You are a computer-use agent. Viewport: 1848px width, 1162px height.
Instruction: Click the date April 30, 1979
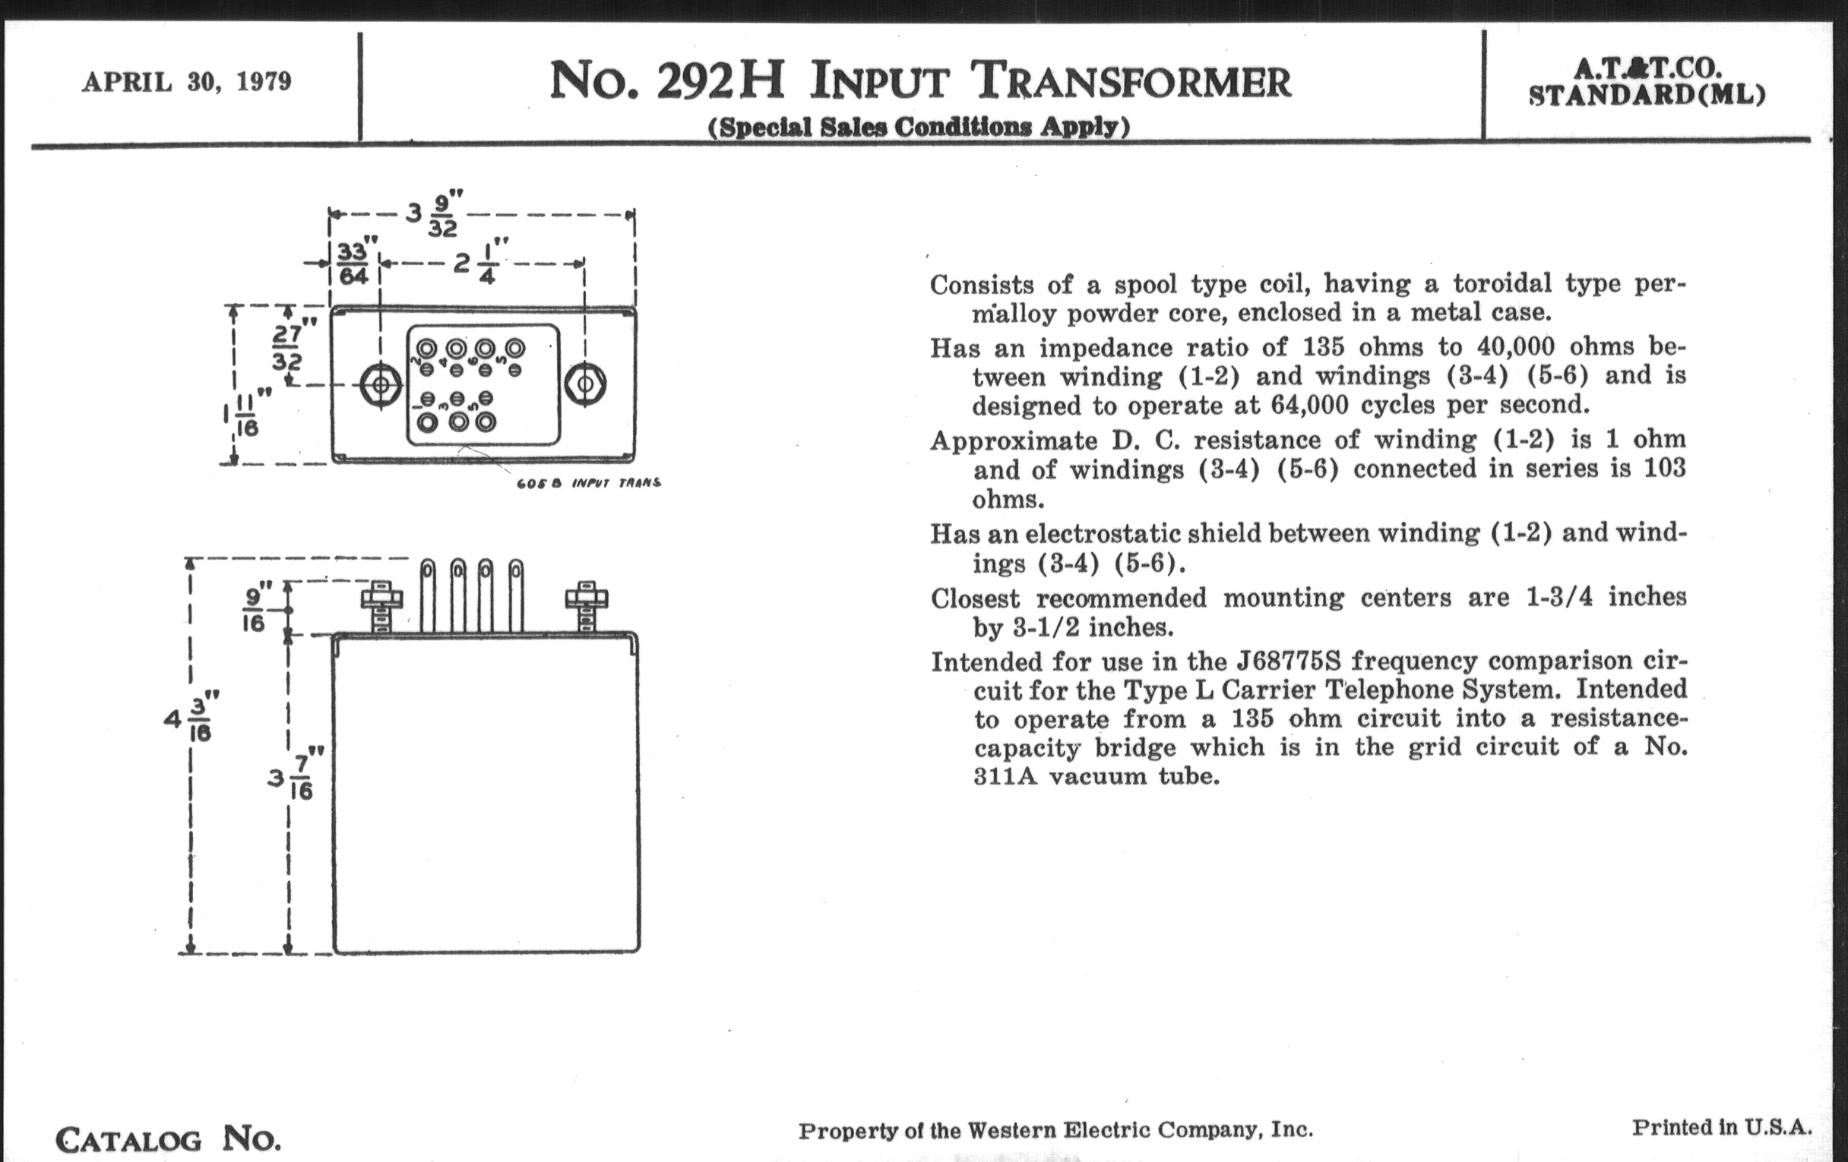pyautogui.click(x=186, y=82)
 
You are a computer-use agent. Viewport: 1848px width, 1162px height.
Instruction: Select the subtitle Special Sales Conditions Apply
pyautogui.click(x=919, y=127)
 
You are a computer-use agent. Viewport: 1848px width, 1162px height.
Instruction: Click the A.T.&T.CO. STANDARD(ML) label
pyautogui.click(x=1647, y=82)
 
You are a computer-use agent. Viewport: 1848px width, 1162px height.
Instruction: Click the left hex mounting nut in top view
pyautogui.click(x=381, y=384)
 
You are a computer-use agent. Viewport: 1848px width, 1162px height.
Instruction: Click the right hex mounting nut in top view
pyautogui.click(x=585, y=384)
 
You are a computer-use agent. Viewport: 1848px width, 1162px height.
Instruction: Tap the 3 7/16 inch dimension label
pyautogui.click(x=296, y=776)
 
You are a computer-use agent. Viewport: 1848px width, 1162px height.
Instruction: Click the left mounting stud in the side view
pyautogui.click(x=381, y=607)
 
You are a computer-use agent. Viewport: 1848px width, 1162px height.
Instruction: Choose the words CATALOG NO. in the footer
pyautogui.click(x=168, y=1140)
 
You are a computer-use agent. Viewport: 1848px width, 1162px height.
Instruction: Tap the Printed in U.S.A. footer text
pyautogui.click(x=1720, y=1128)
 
